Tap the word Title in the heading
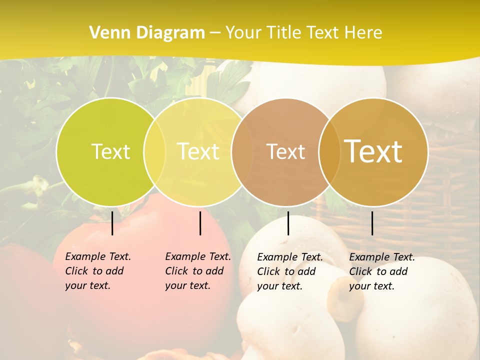(x=283, y=33)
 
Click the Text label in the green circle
(x=110, y=151)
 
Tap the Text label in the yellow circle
(x=198, y=151)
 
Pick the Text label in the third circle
(x=285, y=151)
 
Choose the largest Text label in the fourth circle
(x=373, y=151)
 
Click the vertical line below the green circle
(x=112, y=223)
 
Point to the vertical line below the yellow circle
(x=200, y=223)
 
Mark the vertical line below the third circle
(x=288, y=223)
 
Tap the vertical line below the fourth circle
(x=372, y=223)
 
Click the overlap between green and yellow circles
(x=154, y=151)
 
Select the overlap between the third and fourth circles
(x=329, y=151)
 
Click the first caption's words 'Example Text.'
(x=98, y=256)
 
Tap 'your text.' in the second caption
(x=188, y=285)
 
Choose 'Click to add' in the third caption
(x=286, y=271)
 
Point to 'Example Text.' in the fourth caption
(x=382, y=257)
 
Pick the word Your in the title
(x=243, y=33)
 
